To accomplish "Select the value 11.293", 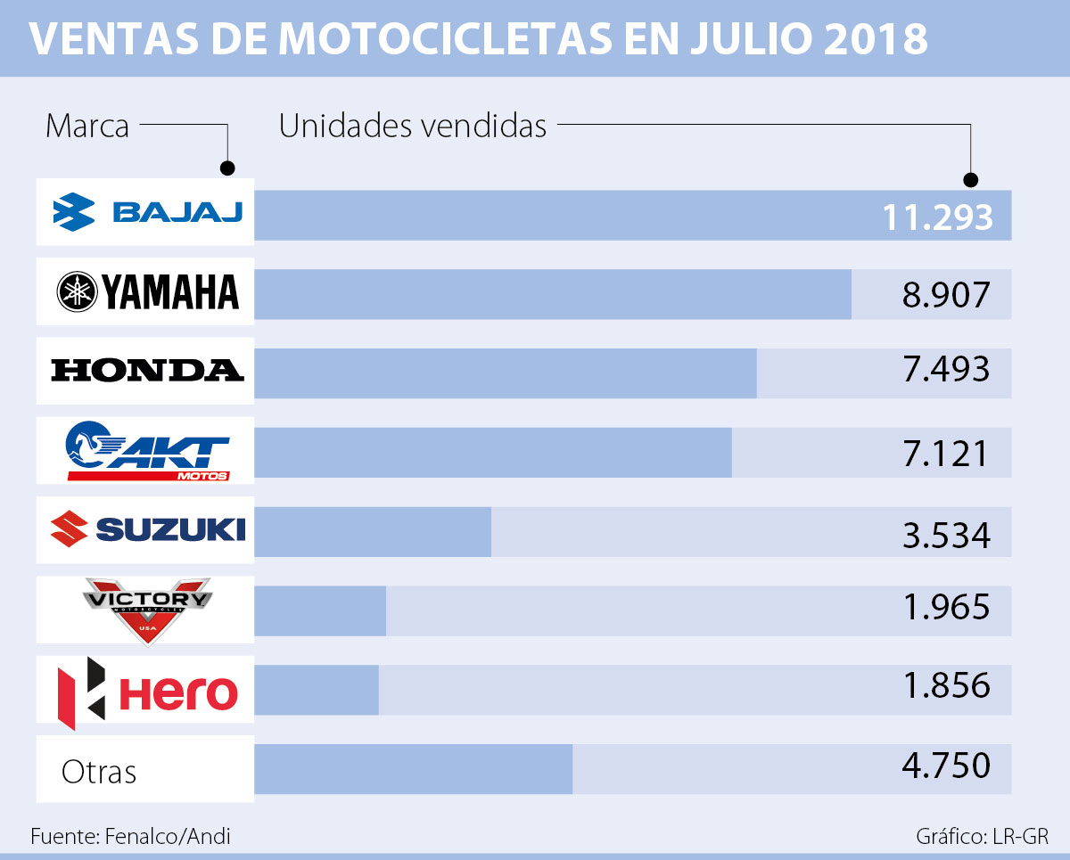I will tap(936, 217).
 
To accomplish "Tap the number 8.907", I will tap(946, 294).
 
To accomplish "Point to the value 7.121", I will tap(946, 454).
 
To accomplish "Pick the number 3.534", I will tap(946, 536).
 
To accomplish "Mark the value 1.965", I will tap(946, 607).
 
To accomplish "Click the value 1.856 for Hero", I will tap(946, 685).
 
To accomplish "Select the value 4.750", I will tap(946, 766).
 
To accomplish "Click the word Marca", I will tap(87, 127).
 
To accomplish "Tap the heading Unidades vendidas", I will tap(413, 127).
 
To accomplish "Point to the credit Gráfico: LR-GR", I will tap(982, 837).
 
